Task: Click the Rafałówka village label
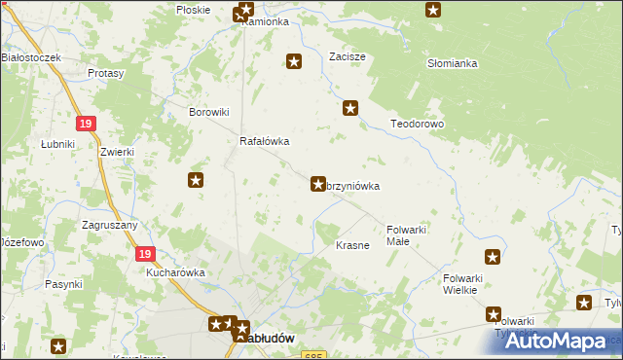265,141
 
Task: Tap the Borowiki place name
207,112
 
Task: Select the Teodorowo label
417,125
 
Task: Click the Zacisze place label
348,56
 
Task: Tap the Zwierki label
116,153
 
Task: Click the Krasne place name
352,245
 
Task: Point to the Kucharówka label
175,273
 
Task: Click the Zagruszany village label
110,224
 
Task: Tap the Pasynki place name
62,284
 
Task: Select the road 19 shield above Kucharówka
144,253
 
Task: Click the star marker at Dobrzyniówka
317,183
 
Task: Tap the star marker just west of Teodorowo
350,110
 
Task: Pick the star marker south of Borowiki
196,179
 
